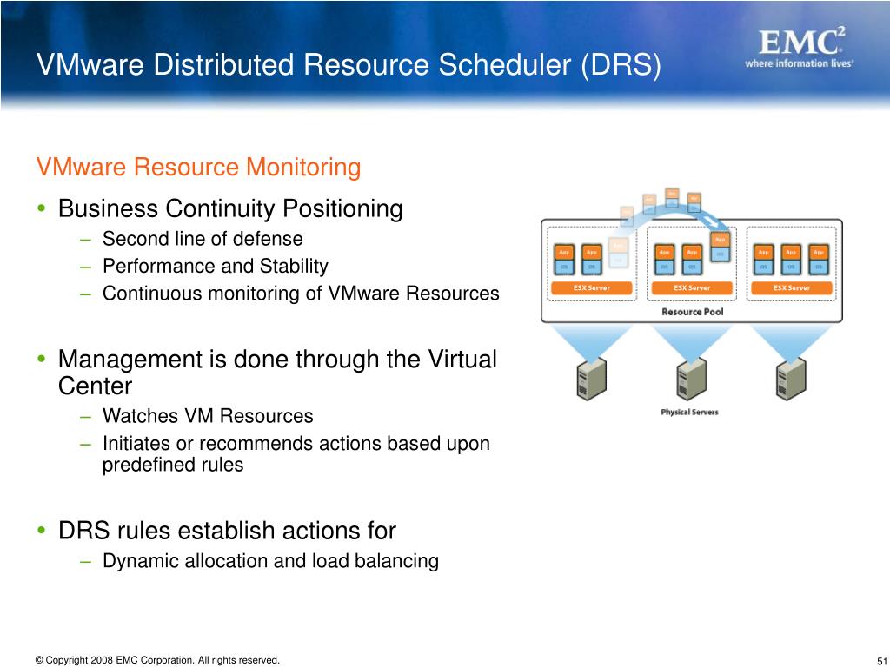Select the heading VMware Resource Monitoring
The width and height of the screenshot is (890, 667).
(x=197, y=167)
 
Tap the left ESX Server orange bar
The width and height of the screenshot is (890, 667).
(x=592, y=287)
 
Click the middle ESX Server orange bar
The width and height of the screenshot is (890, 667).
(x=692, y=287)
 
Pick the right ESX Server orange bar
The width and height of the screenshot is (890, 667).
(x=792, y=287)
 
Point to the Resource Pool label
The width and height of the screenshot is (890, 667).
(x=692, y=311)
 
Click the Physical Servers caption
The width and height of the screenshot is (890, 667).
(x=689, y=412)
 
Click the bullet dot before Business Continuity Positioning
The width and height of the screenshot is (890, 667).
(x=42, y=209)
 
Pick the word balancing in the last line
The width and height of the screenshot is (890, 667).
(x=397, y=561)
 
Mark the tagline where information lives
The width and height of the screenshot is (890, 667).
(x=799, y=63)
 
